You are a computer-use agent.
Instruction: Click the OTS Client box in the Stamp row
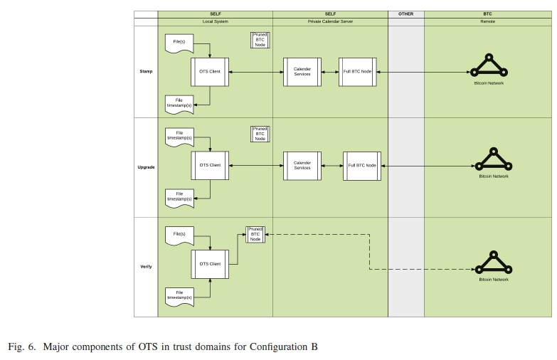[210, 72]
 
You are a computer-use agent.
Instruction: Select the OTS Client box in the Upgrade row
[210, 165]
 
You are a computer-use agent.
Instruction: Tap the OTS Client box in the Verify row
[210, 264]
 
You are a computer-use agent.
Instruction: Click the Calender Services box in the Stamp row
[302, 72]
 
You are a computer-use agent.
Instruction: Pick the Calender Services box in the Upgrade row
[302, 165]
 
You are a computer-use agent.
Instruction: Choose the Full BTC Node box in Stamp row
[357, 72]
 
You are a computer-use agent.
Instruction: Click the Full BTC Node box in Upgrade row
[361, 165]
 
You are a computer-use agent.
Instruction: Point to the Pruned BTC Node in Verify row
[255, 235]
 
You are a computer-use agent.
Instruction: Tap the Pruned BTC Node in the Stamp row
[260, 40]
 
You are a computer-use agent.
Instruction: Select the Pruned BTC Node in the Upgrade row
[260, 134]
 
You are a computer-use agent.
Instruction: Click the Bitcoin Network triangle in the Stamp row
[489, 66]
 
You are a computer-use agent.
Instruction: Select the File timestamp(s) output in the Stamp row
[179, 103]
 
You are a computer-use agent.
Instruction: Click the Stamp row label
[145, 72]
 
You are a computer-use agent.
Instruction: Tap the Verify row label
[145, 267]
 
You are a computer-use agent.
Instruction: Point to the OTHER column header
[405, 14]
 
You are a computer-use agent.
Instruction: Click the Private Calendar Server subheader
[329, 21]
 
